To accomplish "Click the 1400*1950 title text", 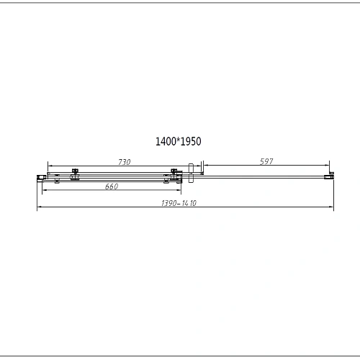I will pos(178,142).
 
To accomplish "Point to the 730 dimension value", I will pos(125,162).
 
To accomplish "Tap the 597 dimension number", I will pos(266,162).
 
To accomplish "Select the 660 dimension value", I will pos(112,187).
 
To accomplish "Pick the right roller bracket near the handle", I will pos(174,174).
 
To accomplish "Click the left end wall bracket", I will pos(40,176).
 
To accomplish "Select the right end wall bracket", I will pos(331,176).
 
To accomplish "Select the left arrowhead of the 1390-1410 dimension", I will pos(38,209).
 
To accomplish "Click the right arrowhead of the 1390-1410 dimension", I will pos(333,209).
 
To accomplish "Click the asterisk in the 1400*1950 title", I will pos(179,140).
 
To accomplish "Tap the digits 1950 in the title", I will pos(192,142).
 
